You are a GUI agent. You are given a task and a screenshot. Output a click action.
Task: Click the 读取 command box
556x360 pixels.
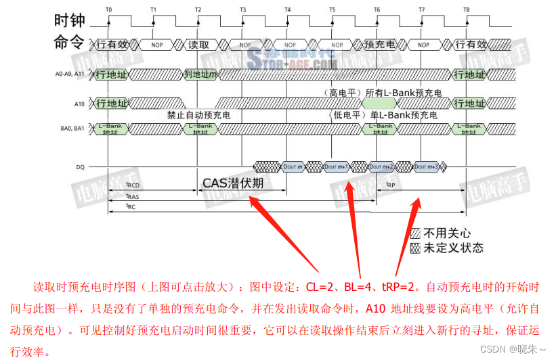[198, 45]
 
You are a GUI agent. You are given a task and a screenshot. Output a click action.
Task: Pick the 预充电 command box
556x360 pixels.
[379, 45]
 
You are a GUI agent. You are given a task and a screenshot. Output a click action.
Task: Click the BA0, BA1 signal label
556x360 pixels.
[76, 127]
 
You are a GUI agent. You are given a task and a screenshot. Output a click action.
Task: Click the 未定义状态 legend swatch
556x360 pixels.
[415, 248]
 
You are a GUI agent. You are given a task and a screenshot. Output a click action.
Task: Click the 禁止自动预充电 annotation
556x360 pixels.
[198, 115]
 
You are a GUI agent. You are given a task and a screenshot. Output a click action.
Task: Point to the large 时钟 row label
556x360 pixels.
[69, 20]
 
